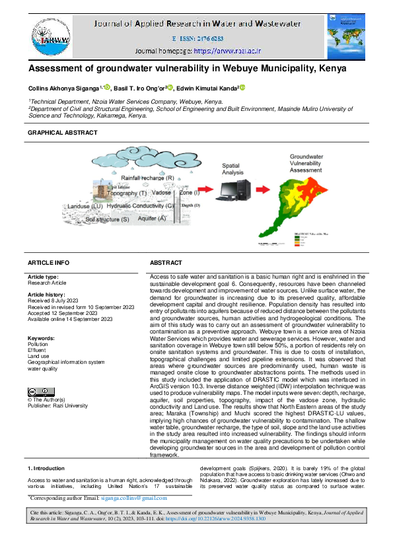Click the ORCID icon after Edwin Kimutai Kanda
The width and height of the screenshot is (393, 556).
(x=242, y=86)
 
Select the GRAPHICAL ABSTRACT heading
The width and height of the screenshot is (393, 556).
(x=62, y=133)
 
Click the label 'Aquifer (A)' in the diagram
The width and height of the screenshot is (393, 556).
(x=151, y=218)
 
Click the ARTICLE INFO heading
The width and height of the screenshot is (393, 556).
(x=48, y=262)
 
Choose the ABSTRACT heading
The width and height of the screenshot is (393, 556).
(x=166, y=262)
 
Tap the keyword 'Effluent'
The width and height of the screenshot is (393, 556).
(x=37, y=350)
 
